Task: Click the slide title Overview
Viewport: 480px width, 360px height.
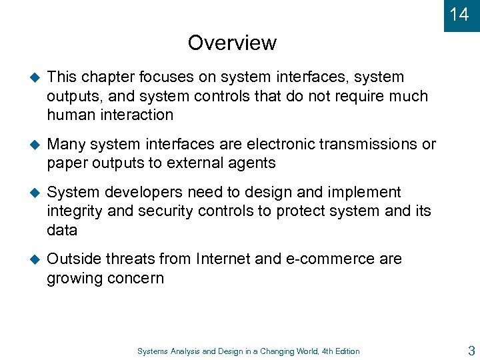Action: (232, 43)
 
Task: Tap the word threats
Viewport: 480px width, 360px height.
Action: (135, 259)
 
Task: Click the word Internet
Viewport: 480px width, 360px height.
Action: (223, 259)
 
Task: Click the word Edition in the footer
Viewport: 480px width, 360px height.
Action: (345, 351)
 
